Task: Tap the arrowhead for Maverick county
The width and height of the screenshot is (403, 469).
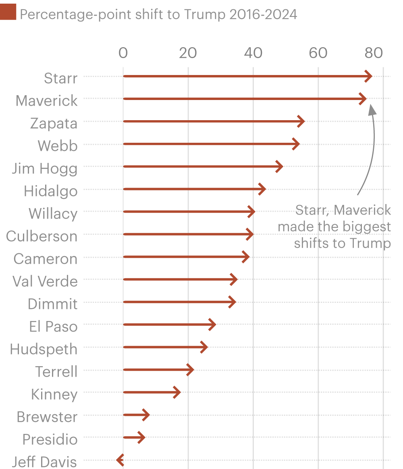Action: [363, 99]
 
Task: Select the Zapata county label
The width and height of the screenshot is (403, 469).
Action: [54, 123]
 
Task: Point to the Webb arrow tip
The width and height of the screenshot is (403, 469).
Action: [297, 144]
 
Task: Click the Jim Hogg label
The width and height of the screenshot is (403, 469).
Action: [44, 169]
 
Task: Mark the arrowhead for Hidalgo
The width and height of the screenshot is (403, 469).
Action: [262, 189]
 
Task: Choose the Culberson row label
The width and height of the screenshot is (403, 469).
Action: [42, 236]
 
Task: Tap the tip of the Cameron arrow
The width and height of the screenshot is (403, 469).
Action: [246, 257]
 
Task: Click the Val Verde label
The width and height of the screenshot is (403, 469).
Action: [45, 281]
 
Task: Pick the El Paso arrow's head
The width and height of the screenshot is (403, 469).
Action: [212, 324]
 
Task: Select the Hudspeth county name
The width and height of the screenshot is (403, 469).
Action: [44, 349]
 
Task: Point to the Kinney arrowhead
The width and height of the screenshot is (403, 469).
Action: [177, 392]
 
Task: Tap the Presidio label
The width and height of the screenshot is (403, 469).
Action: [50, 440]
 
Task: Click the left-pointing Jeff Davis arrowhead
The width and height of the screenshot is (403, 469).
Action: [119, 460]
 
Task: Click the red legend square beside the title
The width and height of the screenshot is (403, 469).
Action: [8, 12]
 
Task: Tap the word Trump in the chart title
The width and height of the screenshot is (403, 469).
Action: [204, 15]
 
